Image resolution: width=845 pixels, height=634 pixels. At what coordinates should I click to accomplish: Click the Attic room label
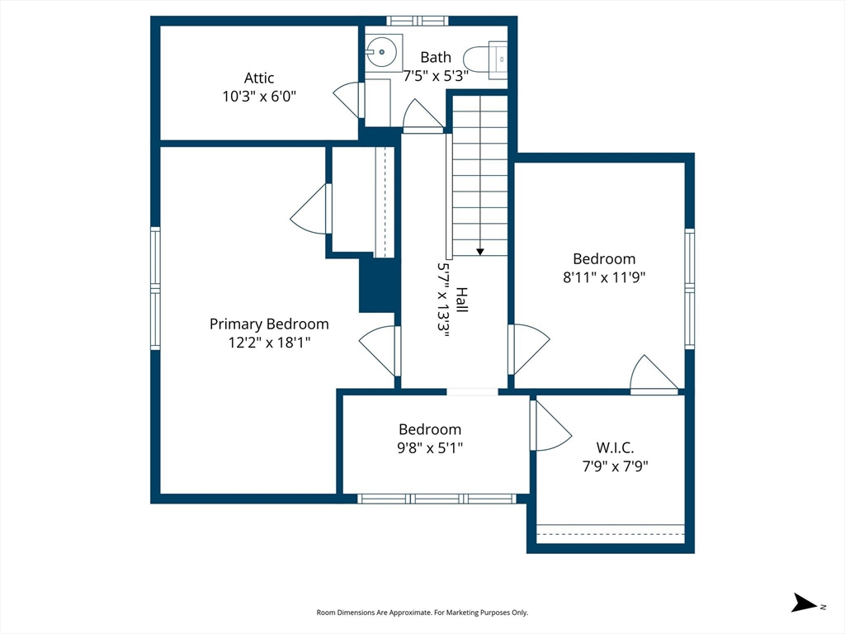pos(258,78)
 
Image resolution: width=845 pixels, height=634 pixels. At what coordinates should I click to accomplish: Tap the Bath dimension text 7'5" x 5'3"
pos(436,75)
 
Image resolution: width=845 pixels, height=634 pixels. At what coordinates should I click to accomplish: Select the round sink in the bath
pos(381,52)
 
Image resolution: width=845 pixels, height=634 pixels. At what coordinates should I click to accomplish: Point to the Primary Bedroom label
pos(269,324)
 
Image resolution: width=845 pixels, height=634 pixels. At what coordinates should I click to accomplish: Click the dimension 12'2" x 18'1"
pos(269,343)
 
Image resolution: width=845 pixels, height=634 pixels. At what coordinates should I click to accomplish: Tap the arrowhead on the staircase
pos(479,252)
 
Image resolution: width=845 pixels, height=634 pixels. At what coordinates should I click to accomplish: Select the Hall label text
pos(462,300)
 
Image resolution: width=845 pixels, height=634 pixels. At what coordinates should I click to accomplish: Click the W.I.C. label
pos(615,447)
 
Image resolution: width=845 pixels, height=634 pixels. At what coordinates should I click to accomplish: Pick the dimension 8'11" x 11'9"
pos(604,277)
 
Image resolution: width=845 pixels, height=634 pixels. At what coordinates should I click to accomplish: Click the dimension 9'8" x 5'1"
pos(430,447)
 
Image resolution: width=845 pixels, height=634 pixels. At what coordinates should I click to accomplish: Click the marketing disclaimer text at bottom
pos(422,613)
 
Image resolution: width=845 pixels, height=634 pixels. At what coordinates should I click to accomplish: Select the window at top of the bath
pos(417,21)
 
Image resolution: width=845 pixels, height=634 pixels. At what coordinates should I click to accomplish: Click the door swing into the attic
pos(347,100)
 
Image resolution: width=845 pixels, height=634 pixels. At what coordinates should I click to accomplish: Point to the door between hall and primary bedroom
pos(380,351)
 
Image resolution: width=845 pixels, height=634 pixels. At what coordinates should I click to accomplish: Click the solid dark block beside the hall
pos(377,285)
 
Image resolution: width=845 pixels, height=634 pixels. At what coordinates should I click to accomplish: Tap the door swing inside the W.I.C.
pos(550,425)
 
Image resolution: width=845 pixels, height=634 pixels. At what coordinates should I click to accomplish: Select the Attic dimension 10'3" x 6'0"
pos(259,97)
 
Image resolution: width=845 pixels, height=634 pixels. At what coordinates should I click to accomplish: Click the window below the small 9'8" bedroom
pos(437,499)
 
